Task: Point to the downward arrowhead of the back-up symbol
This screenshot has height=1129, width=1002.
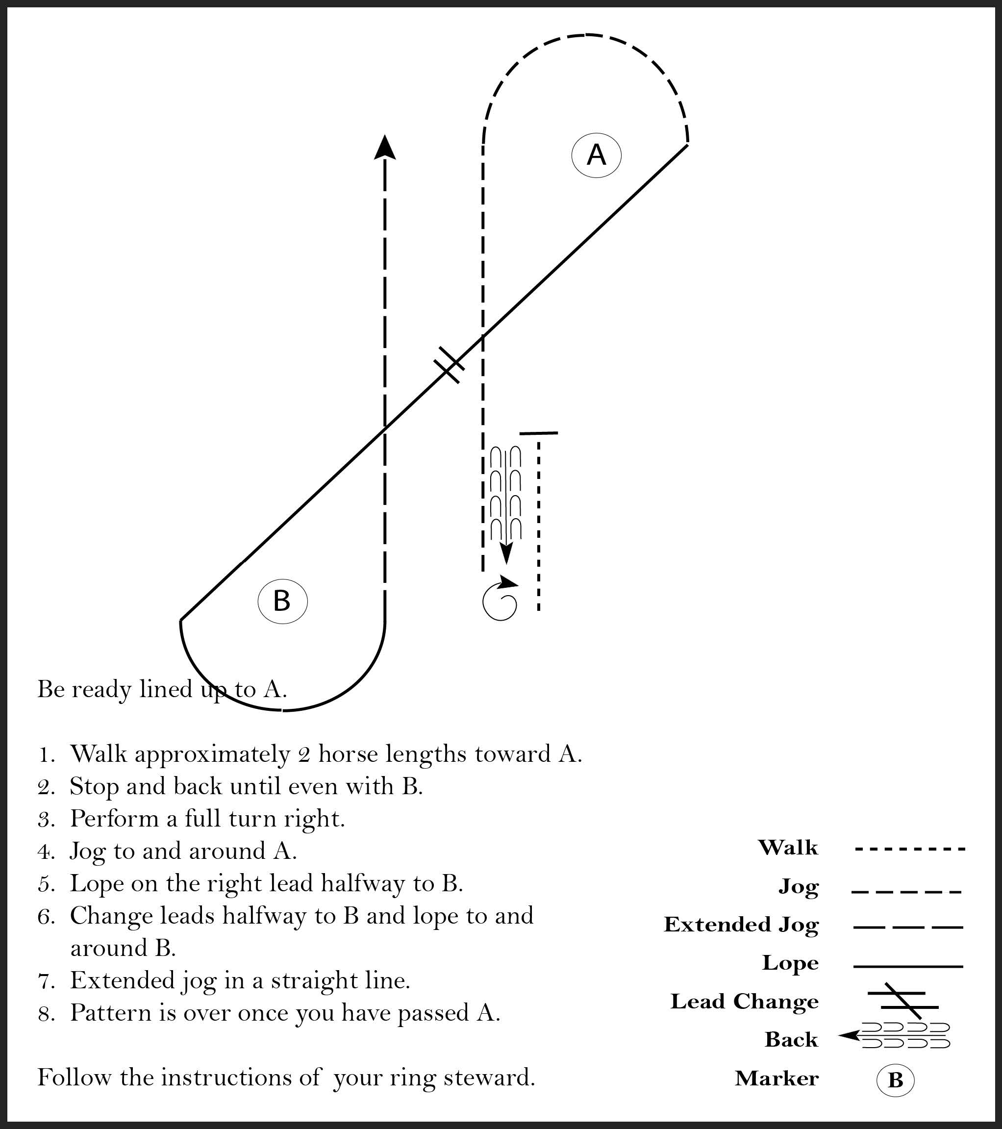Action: coord(506,552)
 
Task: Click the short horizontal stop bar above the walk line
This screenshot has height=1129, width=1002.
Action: coord(539,433)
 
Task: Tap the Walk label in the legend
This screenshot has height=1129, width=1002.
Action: coord(788,847)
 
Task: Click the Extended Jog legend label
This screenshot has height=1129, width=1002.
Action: coord(741,925)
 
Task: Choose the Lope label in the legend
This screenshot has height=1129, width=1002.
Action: coord(790,963)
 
